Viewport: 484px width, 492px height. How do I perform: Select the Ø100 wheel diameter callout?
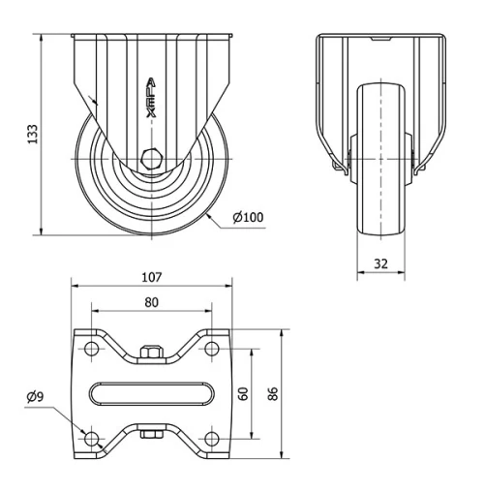[x=248, y=217]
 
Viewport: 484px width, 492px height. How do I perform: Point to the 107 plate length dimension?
[x=152, y=277]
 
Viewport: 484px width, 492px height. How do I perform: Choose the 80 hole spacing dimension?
[x=152, y=301]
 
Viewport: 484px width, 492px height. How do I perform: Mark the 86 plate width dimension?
[x=274, y=394]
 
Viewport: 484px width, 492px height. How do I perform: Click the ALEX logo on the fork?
[x=151, y=99]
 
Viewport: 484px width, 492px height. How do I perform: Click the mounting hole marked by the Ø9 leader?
[x=92, y=439]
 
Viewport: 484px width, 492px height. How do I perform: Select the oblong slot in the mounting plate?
[x=152, y=393]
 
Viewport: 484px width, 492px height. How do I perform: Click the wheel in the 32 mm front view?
[x=382, y=160]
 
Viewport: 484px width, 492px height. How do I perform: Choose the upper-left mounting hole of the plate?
[x=92, y=348]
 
